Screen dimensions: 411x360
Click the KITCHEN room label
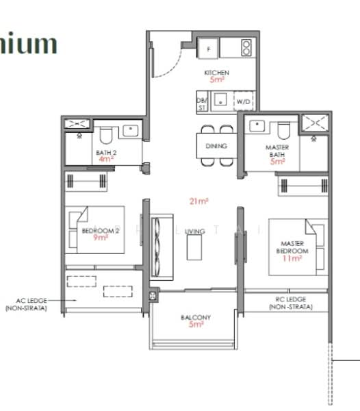[217, 73]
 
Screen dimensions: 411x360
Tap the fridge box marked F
[208, 48]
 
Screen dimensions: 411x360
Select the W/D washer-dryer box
[243, 101]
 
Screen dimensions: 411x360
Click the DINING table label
[216, 146]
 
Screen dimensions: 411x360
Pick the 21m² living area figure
[199, 201]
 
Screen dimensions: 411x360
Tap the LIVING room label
[194, 232]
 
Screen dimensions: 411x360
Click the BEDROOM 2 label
[101, 231]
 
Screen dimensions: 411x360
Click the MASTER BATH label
[277, 151]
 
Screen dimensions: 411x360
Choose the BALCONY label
[196, 317]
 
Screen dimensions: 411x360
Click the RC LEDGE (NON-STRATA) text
[287, 303]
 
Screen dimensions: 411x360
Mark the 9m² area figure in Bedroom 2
[101, 238]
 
